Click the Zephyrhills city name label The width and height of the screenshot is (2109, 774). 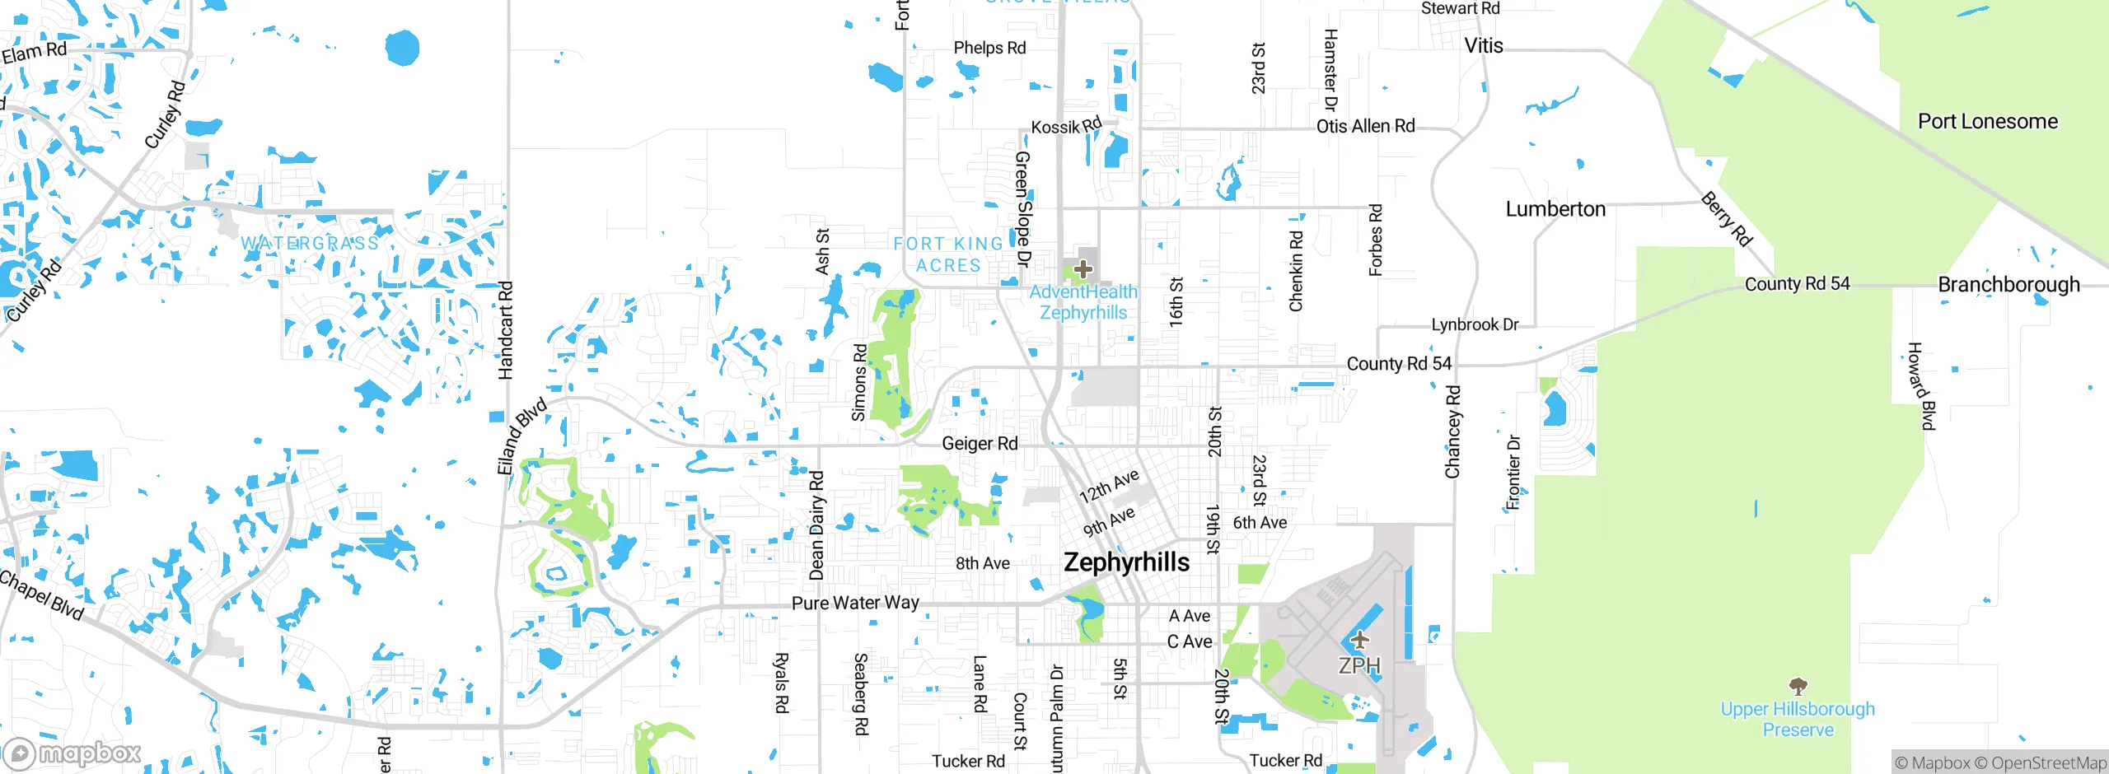(1126, 562)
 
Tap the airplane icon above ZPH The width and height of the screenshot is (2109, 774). (1359, 640)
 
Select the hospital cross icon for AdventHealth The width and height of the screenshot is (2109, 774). (1083, 268)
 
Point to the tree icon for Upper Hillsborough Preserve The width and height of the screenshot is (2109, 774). (1798, 686)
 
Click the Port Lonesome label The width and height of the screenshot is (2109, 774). (1987, 122)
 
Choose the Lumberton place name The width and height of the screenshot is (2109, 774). (1555, 209)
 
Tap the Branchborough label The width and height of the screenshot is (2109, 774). (2008, 285)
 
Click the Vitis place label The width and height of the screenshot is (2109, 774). (1483, 46)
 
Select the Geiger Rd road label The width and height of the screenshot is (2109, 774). (980, 444)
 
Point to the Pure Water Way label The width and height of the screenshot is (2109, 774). (855, 603)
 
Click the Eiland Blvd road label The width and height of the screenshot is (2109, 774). (521, 436)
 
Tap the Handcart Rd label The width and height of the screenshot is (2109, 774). (505, 330)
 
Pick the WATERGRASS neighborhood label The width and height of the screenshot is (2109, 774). (310, 244)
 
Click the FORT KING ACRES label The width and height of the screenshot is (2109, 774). (948, 254)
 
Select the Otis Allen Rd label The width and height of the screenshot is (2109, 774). (1365, 126)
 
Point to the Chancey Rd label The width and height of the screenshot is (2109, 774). (1452, 431)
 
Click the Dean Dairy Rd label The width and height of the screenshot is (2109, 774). (816, 525)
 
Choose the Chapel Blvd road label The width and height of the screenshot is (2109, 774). (41, 594)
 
